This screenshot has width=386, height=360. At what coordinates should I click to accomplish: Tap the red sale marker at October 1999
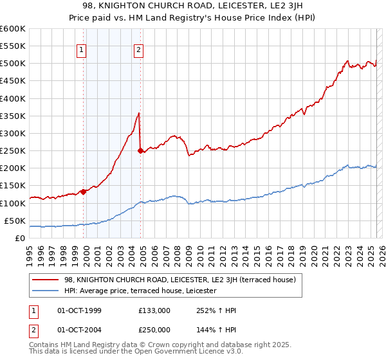coord(83,191)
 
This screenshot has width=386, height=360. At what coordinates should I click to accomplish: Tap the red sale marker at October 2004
coord(140,150)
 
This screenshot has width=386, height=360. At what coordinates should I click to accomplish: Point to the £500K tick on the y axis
coord(13,64)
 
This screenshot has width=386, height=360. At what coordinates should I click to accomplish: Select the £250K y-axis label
coord(13,151)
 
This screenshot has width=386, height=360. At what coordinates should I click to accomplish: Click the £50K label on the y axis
coord(15,221)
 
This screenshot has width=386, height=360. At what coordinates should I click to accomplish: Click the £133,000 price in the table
coord(154,310)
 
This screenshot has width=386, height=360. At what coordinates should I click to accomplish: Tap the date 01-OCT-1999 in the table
coord(79,310)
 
